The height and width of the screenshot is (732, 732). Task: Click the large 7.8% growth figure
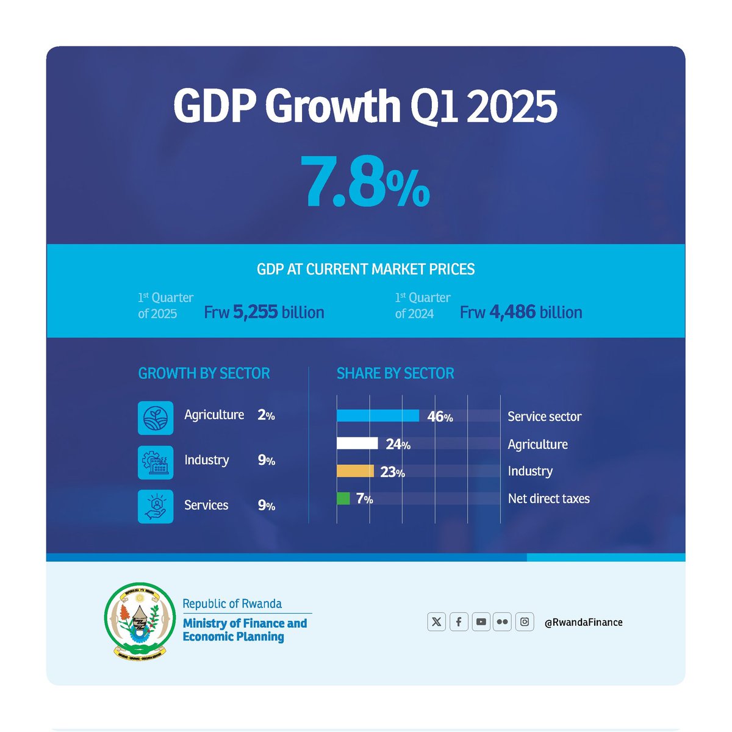tap(368, 182)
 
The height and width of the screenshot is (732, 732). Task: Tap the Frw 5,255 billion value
tap(264, 312)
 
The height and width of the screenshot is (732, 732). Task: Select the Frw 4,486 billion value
tap(521, 312)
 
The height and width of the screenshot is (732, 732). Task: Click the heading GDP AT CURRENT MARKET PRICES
tap(365, 269)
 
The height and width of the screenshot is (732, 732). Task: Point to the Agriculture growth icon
tap(156, 418)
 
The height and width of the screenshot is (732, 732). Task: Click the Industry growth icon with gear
tap(156, 462)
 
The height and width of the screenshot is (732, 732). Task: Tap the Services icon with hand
tap(156, 506)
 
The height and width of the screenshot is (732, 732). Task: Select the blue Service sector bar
tap(378, 416)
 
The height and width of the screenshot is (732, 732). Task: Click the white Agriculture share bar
tap(357, 443)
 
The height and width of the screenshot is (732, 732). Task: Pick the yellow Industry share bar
tap(355, 471)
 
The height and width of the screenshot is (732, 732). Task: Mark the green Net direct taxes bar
tap(343, 498)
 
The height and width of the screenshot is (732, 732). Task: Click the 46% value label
tap(440, 417)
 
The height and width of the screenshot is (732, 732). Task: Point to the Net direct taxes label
tap(548, 498)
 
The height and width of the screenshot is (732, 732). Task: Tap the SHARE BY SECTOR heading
tap(395, 373)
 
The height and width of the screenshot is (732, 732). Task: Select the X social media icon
tap(436, 622)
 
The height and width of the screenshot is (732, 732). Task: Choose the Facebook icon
tap(459, 622)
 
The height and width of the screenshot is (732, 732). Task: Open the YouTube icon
tap(481, 622)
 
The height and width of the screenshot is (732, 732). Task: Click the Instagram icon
tap(525, 622)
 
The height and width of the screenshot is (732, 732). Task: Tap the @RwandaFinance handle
tap(583, 622)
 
